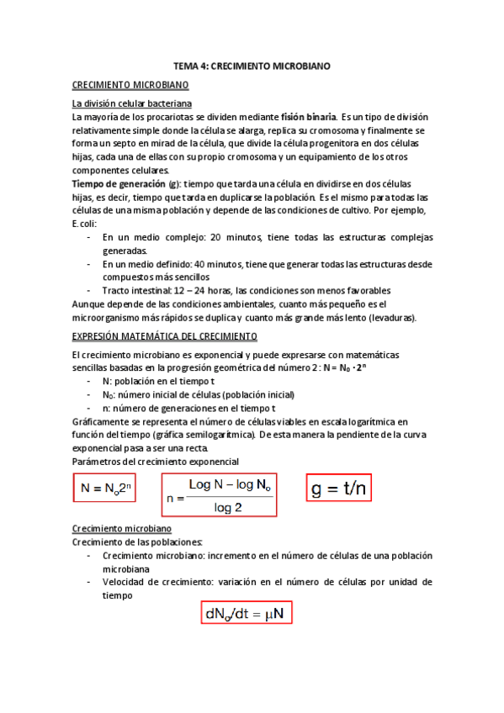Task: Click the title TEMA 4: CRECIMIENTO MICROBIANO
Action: [x=252, y=65]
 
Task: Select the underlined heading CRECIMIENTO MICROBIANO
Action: [x=130, y=85]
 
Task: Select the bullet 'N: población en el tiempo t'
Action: [x=161, y=382]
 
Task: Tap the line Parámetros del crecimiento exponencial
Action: [x=156, y=462]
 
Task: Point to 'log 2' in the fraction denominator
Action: [x=227, y=507]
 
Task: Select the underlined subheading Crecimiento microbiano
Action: [x=122, y=529]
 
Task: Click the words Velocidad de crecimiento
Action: [x=155, y=581]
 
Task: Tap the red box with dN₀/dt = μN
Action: [x=247, y=614]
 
